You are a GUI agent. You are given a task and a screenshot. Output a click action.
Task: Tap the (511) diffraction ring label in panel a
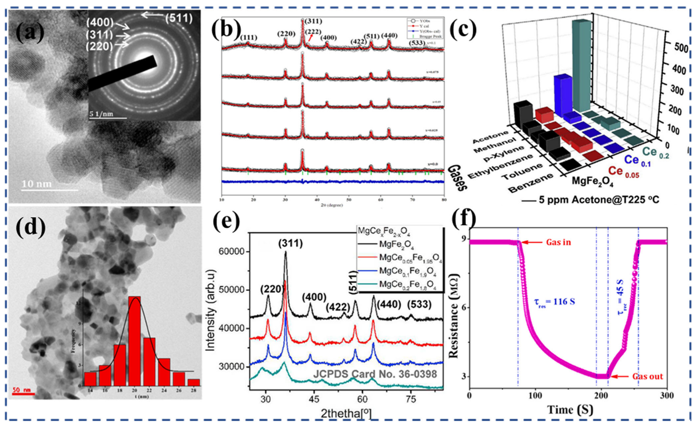(x=179, y=18)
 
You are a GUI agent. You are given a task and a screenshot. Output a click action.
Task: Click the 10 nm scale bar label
(x=37, y=184)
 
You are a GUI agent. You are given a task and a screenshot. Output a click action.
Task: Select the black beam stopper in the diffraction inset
(x=122, y=74)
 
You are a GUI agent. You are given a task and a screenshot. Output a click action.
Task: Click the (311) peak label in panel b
(x=313, y=21)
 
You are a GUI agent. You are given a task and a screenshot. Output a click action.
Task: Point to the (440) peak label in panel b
(x=390, y=35)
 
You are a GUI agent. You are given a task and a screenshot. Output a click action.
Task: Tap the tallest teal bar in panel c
(x=581, y=66)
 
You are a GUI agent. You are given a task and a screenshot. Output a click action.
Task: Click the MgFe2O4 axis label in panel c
(x=592, y=181)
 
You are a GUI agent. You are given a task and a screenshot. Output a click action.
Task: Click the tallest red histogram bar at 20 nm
(x=134, y=340)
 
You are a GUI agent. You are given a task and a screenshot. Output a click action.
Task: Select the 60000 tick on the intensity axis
(x=232, y=252)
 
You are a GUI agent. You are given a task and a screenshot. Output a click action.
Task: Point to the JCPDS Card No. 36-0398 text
(x=375, y=374)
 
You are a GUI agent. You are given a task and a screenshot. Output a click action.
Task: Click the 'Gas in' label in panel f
(x=558, y=242)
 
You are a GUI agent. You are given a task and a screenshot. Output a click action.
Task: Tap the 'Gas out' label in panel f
(x=647, y=376)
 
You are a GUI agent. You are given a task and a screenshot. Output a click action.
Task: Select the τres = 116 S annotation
(x=554, y=301)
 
